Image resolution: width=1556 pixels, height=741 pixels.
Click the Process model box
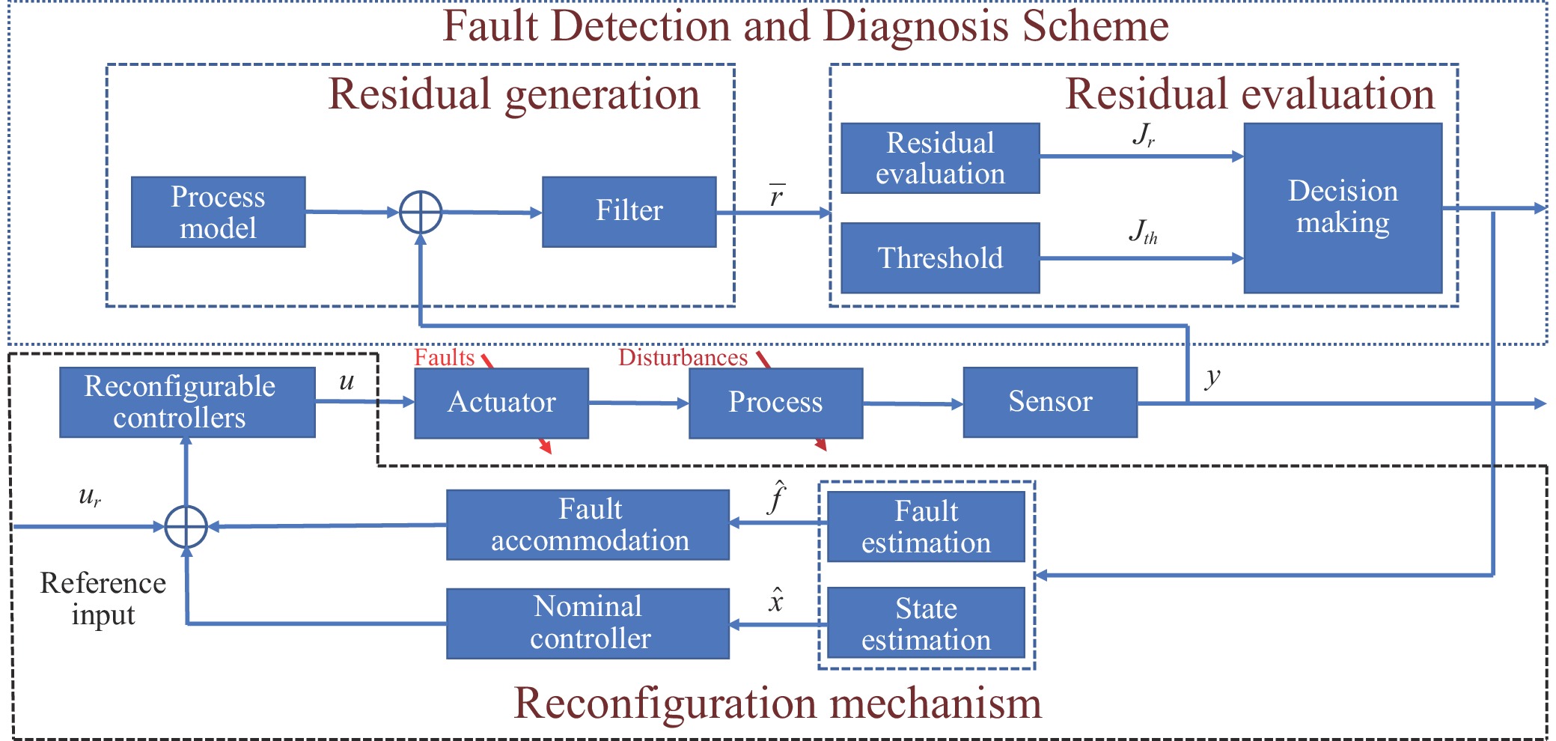[219, 212]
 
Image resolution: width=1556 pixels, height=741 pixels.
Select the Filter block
[629, 212]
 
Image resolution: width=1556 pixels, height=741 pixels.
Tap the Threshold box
[941, 257]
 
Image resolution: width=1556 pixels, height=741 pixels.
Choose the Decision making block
[1343, 208]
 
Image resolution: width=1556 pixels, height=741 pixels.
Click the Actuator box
[501, 403]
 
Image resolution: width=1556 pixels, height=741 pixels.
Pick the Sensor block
[1050, 402]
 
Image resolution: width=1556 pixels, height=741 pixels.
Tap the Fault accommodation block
[588, 525]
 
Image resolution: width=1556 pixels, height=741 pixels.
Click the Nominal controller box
[588, 623]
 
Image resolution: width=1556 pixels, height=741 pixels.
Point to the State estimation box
[927, 623]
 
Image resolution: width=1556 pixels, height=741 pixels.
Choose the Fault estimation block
[927, 526]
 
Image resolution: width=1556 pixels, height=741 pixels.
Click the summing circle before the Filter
[421, 213]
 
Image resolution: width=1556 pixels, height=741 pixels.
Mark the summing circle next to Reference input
[186, 527]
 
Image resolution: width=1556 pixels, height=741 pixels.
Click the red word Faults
[445, 357]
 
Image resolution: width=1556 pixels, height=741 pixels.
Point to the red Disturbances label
[683, 357]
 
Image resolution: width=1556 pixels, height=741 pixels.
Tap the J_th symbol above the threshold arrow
[1143, 231]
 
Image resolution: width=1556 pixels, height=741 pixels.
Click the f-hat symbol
[778, 497]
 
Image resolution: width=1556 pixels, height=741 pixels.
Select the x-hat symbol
[776, 600]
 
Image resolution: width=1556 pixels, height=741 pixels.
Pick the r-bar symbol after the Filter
[777, 195]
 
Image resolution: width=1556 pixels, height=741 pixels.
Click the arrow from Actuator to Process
[638, 403]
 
